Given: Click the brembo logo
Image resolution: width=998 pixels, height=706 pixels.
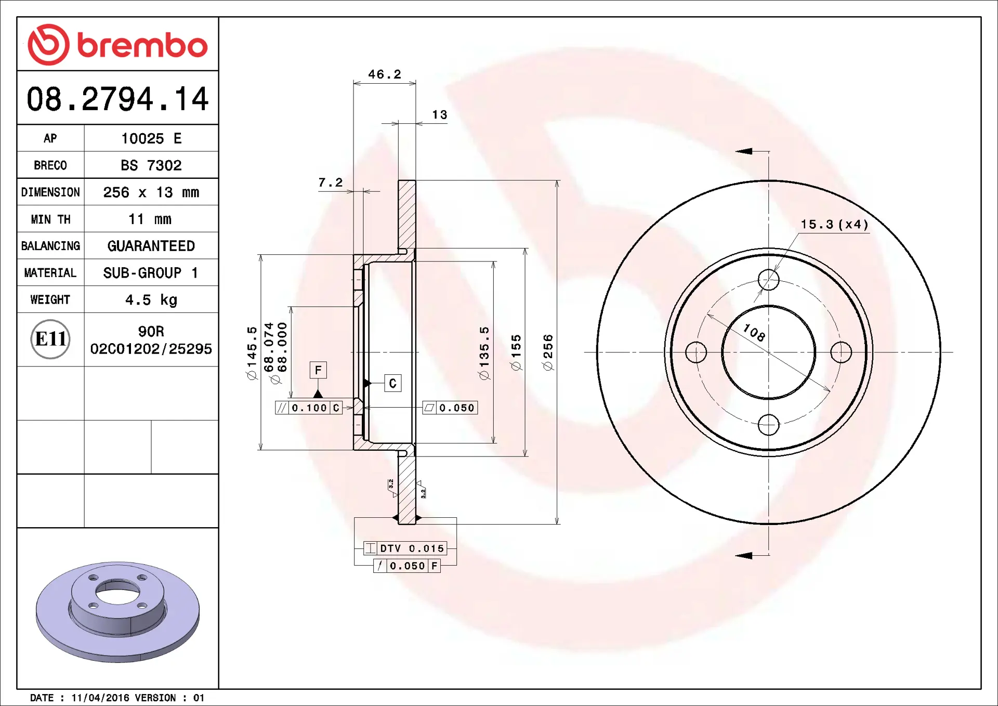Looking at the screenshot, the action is [x=117, y=45].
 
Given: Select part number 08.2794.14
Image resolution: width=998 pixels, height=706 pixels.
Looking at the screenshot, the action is [x=117, y=99].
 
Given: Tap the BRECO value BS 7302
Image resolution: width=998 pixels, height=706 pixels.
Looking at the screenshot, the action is [x=151, y=165].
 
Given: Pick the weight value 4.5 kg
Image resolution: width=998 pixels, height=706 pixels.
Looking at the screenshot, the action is [x=151, y=300].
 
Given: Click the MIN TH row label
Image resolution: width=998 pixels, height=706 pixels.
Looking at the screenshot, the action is [x=50, y=219].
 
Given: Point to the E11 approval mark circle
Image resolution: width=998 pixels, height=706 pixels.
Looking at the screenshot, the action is [x=50, y=339].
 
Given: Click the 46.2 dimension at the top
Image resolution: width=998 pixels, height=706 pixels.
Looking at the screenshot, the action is [x=385, y=74].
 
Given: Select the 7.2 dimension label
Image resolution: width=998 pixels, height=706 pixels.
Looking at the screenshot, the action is [x=331, y=182].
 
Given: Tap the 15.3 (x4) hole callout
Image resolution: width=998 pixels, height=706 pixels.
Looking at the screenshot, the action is [x=834, y=224].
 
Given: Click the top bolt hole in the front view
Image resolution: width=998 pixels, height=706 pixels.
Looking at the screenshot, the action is [x=768, y=280].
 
